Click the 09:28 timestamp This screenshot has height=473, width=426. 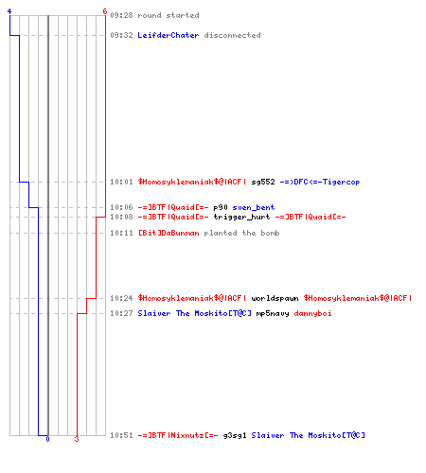click(121, 15)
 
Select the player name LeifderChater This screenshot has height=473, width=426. click(169, 35)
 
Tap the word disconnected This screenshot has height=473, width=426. click(232, 35)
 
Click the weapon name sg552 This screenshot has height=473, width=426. click(263, 182)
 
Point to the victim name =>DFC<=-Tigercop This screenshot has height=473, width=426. click(320, 182)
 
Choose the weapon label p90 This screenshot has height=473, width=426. click(221, 207)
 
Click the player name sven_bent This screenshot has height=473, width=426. click(254, 207)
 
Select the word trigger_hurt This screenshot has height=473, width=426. click(241, 217)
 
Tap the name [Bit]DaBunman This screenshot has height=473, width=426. click(169, 233)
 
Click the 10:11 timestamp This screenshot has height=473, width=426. click(121, 233)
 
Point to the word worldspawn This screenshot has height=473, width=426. click(275, 298)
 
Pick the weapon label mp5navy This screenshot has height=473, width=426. click(273, 313)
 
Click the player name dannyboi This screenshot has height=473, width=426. click(312, 313)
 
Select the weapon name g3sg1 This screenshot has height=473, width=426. click(235, 435)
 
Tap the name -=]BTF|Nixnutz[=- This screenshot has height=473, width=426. click(178, 435)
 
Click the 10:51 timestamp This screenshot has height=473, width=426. click(121, 435)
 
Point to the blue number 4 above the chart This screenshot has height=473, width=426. click(9, 11)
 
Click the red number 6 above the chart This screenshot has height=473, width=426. click(105, 11)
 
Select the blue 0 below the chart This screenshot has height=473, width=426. click(47, 439)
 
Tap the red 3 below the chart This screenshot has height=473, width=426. click(77, 439)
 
